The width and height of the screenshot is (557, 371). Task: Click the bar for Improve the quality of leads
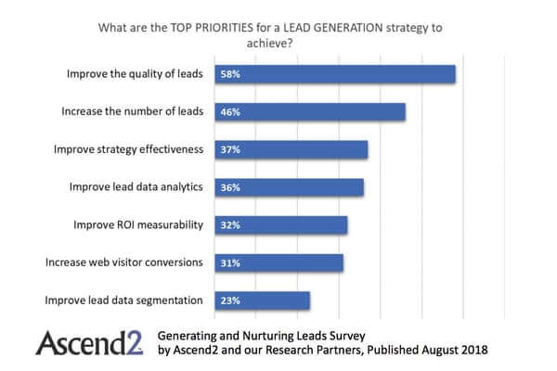point(334,74)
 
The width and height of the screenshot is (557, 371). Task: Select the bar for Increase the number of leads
point(310,112)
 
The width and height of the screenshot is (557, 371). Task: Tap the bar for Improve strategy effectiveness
point(291,149)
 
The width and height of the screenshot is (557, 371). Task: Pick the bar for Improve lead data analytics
point(289,187)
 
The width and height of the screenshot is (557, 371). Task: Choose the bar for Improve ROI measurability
point(280,225)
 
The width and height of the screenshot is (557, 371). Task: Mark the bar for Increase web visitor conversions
point(278,262)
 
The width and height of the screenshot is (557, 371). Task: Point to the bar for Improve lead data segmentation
point(262,301)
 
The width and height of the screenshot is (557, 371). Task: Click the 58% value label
point(229,74)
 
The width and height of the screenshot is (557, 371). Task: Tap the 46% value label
point(229,112)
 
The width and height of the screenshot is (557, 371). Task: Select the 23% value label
point(229,301)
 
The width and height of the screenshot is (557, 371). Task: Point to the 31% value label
point(229,262)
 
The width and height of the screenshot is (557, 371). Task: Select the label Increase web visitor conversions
point(124,262)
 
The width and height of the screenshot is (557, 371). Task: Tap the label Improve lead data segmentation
point(124,300)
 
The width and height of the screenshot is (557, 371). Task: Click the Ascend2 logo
point(88,342)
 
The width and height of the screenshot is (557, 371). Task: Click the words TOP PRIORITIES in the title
point(205,28)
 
